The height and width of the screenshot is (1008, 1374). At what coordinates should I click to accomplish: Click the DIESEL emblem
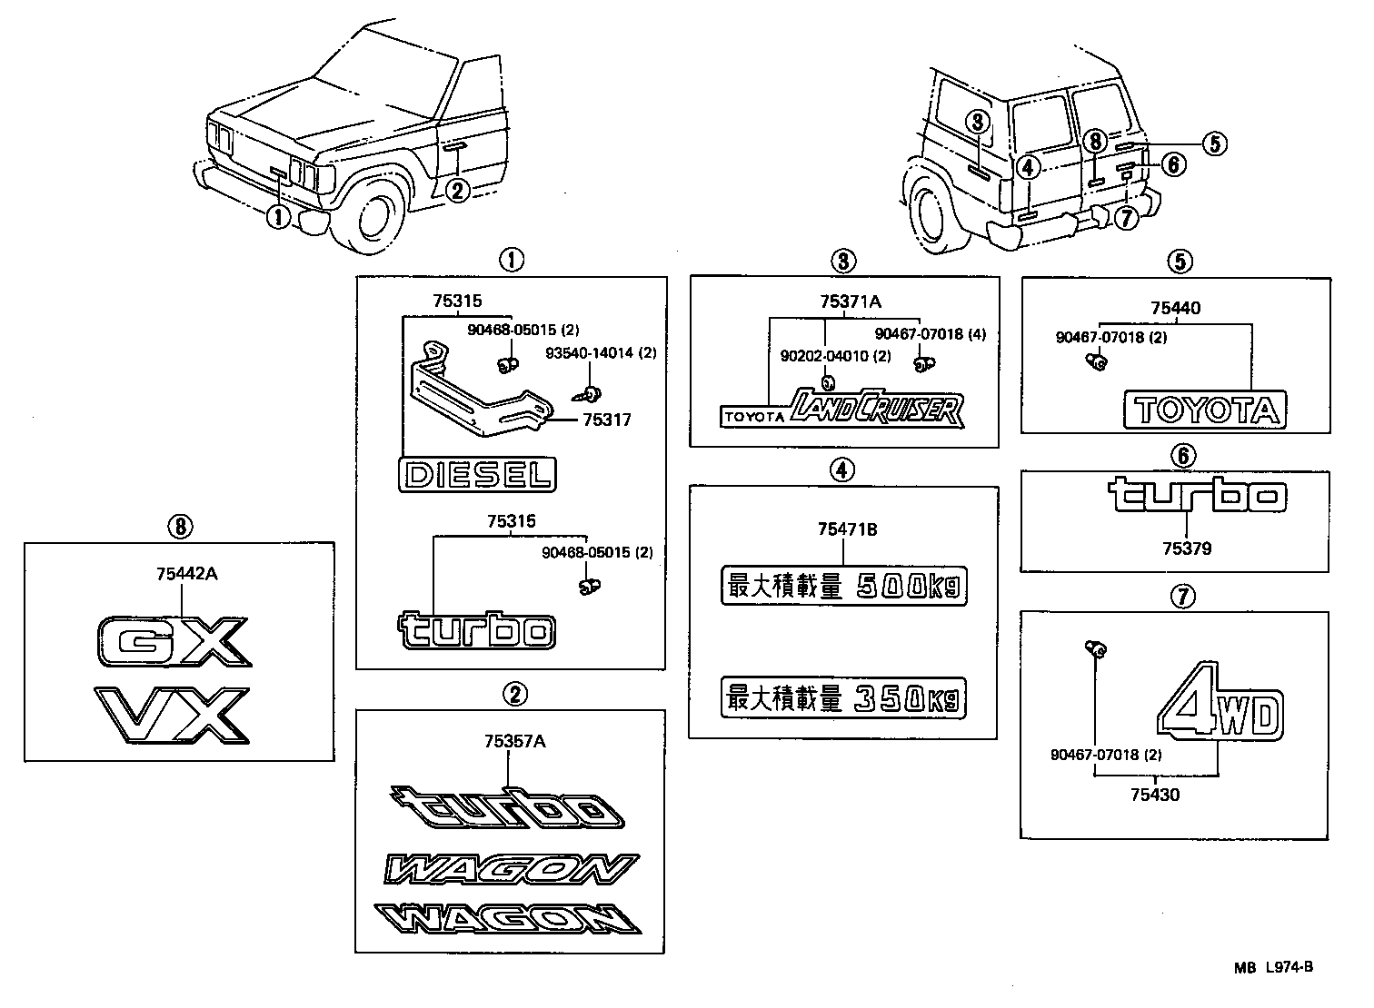click(x=478, y=475)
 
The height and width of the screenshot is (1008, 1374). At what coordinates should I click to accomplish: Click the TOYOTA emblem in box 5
click(x=1206, y=410)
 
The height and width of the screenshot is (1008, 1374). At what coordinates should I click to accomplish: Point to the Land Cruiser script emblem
click(x=874, y=409)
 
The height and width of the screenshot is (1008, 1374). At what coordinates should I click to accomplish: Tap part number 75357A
click(x=514, y=742)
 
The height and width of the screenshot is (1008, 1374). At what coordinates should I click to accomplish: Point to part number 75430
click(x=1155, y=795)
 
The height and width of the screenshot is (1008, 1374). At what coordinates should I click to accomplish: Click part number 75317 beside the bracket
click(x=606, y=420)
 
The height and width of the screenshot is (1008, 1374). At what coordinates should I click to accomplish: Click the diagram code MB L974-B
click(x=1273, y=967)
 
